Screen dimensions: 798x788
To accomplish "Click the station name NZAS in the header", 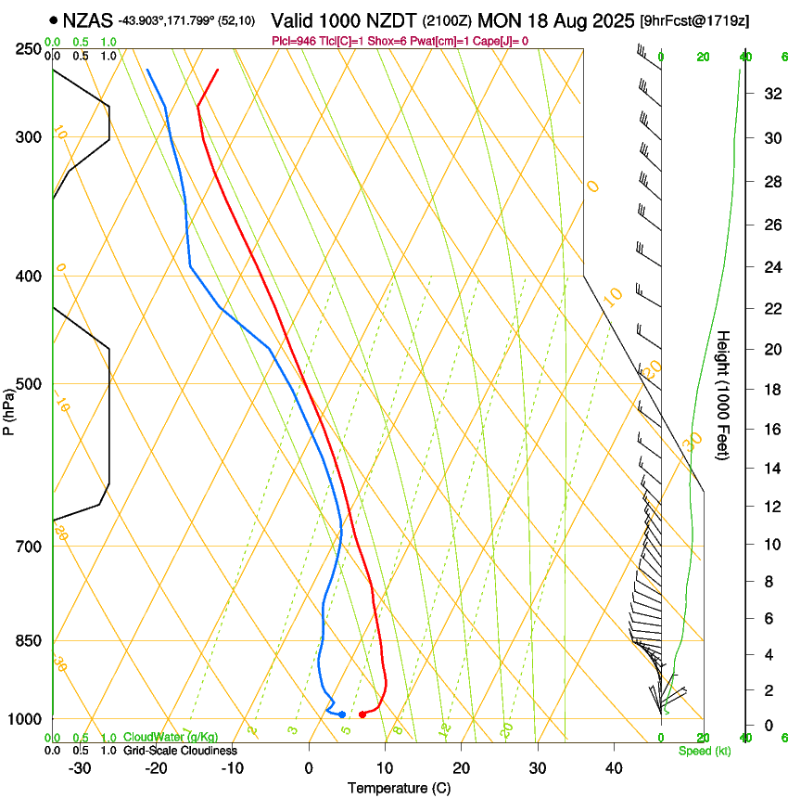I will coord(88,19).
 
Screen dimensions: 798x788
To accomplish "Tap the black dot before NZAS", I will coord(54,19).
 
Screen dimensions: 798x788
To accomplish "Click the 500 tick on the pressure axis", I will coord(28,384).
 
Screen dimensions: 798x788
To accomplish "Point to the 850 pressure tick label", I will coord(28,641).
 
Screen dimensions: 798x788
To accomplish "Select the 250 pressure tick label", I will coord(28,49).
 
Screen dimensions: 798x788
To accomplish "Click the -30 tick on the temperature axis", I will coord(80,768).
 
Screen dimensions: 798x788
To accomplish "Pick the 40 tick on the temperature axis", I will coord(614,768).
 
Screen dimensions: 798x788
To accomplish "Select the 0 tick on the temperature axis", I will coord(310,768).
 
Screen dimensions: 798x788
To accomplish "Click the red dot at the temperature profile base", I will coord(362,714).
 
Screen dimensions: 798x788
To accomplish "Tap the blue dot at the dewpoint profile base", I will coord(342,714).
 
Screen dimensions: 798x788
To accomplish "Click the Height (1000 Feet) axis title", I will coord(724,394).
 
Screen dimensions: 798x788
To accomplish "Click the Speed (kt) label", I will coord(704,751).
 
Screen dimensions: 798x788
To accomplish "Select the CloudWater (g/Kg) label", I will coord(172,738).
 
